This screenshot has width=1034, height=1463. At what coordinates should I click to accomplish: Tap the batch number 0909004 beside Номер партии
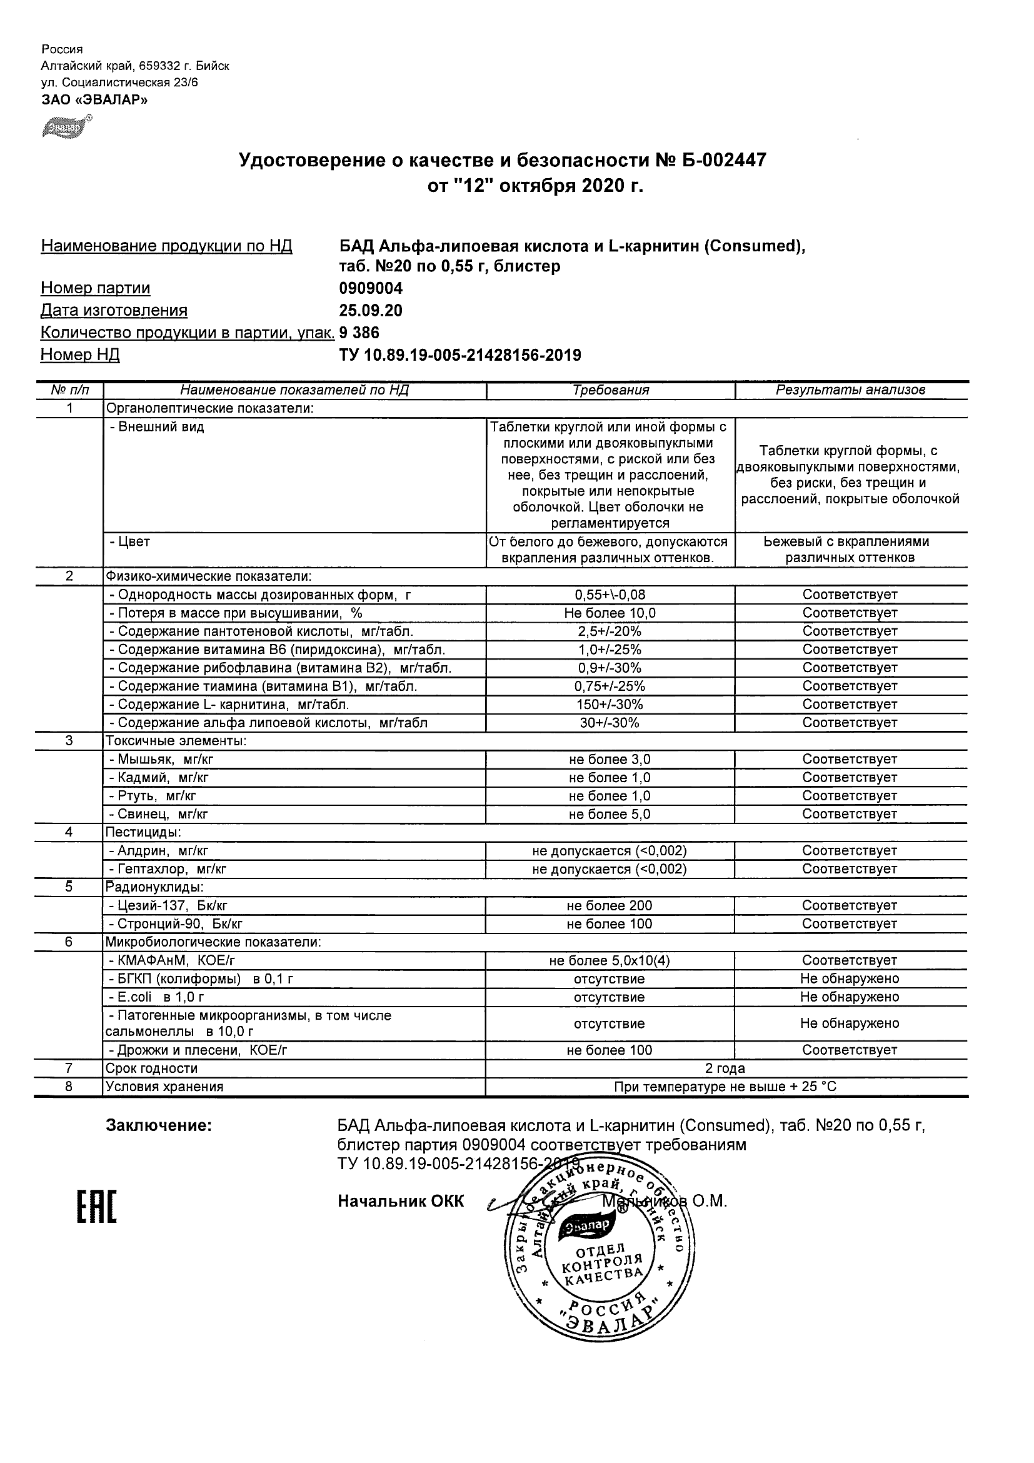371,289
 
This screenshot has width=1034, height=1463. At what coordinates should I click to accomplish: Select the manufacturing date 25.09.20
370,311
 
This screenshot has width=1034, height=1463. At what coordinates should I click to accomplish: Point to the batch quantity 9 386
359,333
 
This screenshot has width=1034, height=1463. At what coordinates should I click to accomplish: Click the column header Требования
610,390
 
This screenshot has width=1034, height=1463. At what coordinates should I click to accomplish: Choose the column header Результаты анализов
850,390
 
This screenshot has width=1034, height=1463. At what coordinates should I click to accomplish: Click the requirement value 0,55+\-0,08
610,595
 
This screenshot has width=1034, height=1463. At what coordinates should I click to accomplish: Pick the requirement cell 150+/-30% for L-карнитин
610,705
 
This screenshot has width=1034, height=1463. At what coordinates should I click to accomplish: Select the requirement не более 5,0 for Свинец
610,814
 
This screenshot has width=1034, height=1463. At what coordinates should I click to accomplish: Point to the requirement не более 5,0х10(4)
610,961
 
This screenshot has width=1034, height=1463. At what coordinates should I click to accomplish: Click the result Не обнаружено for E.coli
850,997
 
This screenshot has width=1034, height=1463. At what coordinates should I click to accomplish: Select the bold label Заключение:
159,1126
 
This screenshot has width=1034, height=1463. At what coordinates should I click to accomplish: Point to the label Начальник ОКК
401,1202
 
